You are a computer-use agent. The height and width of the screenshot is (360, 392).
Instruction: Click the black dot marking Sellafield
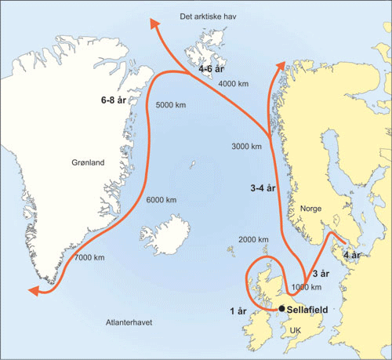click(281, 309)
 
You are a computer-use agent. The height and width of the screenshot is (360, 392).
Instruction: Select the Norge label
click(311, 209)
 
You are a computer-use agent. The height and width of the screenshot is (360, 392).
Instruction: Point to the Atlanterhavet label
click(129, 322)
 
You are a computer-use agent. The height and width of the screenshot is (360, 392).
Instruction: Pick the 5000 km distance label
click(172, 105)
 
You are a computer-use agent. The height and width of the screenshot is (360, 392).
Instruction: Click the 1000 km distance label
click(307, 287)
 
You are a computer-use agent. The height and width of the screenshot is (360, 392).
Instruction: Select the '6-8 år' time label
click(115, 100)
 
